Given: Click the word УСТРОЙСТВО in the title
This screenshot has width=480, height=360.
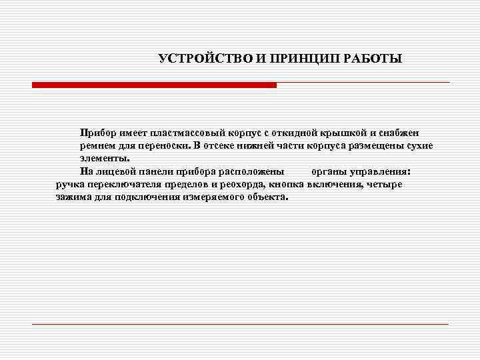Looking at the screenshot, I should tap(201, 59).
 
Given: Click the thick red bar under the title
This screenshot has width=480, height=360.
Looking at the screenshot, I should tap(154, 85).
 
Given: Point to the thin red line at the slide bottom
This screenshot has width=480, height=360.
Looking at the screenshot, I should tap(240, 324).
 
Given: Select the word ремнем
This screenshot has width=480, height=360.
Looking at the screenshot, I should tap(97, 146).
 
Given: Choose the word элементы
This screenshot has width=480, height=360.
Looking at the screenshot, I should tap(103, 159).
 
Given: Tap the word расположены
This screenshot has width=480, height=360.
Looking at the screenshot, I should tap(253, 171).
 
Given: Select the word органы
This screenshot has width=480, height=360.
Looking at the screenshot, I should tap(328, 171).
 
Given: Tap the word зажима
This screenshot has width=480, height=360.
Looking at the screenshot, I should tap(73, 197).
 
